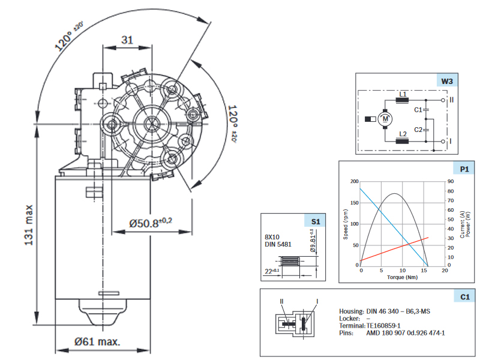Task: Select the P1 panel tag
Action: [x=464, y=169]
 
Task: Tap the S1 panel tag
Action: [x=316, y=221]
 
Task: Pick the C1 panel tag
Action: [x=464, y=296]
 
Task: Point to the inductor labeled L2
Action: [x=403, y=141]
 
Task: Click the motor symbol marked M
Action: [x=385, y=119]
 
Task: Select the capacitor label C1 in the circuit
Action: [x=418, y=110]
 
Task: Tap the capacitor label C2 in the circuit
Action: [x=418, y=130]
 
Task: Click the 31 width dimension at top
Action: [x=127, y=40]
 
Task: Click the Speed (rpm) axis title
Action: [x=346, y=224]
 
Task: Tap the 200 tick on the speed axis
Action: [x=353, y=181]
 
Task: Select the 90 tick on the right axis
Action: [x=451, y=181]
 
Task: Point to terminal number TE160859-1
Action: [x=383, y=325]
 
